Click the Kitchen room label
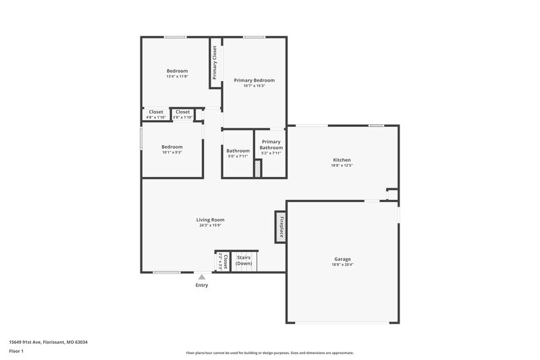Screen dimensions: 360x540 pos(342,160)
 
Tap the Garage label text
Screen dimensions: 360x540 pos(342,259)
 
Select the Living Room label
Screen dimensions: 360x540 pos(210,220)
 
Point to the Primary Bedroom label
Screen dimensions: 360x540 pos(254,80)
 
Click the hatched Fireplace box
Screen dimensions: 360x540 pos(280,227)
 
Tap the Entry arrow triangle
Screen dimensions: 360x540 pos(201,276)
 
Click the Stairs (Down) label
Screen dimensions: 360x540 pos(244,260)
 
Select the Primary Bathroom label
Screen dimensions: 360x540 pos(271,145)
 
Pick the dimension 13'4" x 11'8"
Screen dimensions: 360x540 pos(177,76)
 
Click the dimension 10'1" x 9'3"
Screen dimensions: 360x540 pos(171,152)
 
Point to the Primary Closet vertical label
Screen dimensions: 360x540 pos(215,62)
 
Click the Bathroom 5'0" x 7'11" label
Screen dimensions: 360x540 pos(238,153)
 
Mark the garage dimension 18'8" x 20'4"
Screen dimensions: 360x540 pos(342,264)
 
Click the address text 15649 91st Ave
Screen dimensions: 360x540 pos(48,342)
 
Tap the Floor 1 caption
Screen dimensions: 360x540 pos(17,352)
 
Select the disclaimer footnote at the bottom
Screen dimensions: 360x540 pos(269,353)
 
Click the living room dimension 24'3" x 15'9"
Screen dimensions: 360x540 pos(210,226)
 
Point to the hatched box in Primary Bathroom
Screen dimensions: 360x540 pos(257,168)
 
